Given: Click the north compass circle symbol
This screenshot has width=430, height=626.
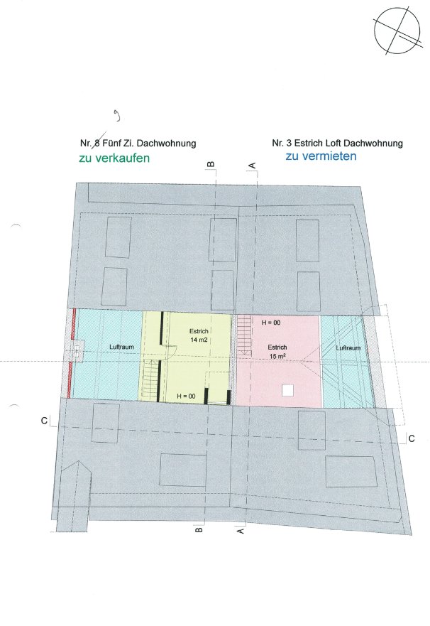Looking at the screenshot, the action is point(397,31).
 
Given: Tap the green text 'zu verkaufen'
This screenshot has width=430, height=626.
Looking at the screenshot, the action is point(114,158).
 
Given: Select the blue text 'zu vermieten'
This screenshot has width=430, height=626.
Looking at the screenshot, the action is point(321,156).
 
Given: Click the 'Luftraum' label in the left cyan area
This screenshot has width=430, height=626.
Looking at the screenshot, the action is point(121,347).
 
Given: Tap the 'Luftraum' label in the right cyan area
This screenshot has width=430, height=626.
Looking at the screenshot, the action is point(348,348).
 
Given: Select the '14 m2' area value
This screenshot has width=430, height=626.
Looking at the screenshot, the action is point(199,340).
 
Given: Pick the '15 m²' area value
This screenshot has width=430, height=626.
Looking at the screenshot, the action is point(277,356).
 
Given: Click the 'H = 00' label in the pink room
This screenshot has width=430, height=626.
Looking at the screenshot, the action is point(271,323).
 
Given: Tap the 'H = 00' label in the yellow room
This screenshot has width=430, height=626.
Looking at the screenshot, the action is point(186,396).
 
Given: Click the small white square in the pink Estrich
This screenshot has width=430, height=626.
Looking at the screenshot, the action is point(287,390).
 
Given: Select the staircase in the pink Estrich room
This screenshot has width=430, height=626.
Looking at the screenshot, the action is point(245,335).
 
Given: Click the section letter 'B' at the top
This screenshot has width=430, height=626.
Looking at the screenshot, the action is point(211,164).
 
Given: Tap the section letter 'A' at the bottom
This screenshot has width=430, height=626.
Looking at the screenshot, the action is point(241,531).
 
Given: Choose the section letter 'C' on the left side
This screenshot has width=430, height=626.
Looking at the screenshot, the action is point(44,421).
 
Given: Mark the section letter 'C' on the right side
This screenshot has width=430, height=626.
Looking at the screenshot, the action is point(412,438).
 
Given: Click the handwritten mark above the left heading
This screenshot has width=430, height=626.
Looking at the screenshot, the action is point(117,117).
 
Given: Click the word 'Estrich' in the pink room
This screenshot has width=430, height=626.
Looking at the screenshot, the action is point(277,347).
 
